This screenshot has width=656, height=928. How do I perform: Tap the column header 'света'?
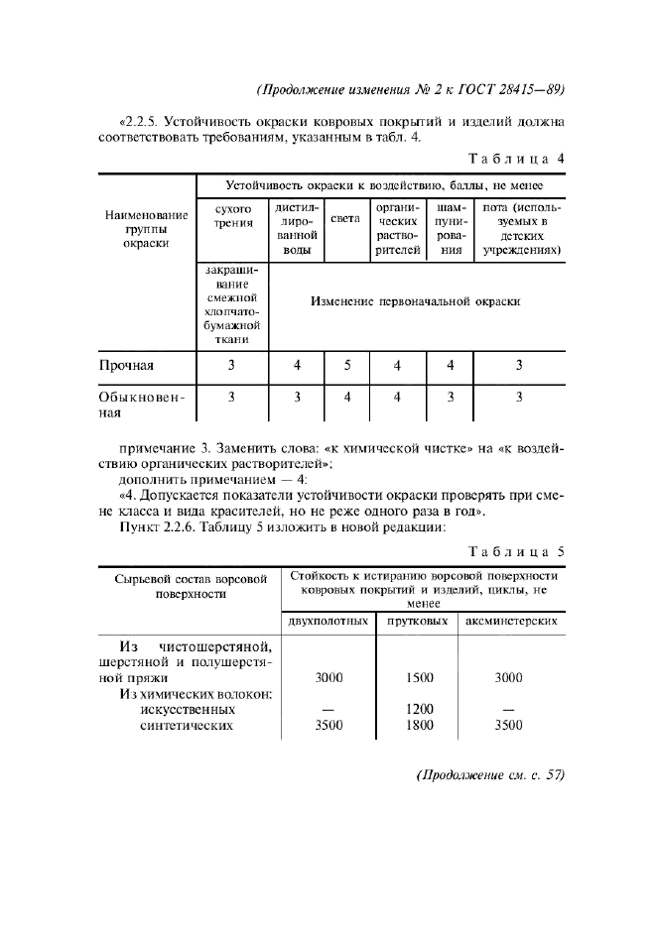[x=345, y=218]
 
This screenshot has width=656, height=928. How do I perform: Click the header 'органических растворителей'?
[x=397, y=230]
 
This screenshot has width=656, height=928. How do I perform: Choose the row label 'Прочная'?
[x=126, y=365]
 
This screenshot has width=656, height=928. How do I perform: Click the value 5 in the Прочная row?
[x=347, y=365]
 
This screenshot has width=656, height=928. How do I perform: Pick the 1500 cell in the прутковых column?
[x=419, y=678]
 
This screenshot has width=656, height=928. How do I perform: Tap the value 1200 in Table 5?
[x=419, y=710]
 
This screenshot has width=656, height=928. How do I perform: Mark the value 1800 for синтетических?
[x=419, y=726]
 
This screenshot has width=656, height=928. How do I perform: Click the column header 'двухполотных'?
[x=328, y=622]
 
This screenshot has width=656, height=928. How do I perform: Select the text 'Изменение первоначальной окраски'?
[x=415, y=300]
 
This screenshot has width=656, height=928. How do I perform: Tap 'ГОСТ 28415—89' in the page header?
[x=516, y=89]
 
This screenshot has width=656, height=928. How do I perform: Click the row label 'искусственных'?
[x=187, y=710]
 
